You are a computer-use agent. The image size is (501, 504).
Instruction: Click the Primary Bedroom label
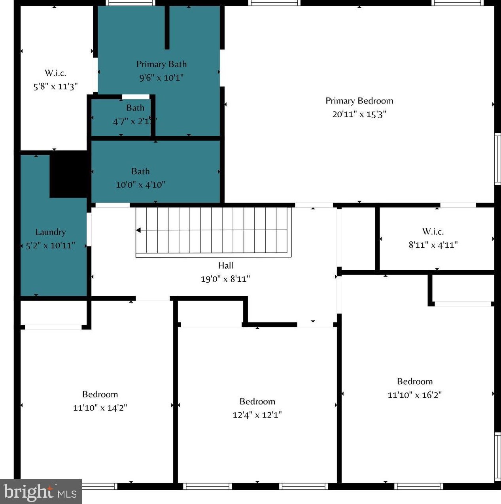tap(359, 101)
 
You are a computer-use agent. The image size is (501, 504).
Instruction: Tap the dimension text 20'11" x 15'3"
tap(359, 114)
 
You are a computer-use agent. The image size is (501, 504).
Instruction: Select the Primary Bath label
tap(161, 64)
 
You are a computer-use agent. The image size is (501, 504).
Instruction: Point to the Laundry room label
tap(50, 232)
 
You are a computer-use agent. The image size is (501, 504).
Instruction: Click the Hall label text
tap(225, 265)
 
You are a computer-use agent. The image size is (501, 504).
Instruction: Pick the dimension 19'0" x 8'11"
tap(225, 279)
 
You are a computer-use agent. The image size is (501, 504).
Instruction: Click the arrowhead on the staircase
tap(138, 230)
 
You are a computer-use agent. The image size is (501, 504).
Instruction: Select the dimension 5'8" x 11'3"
tap(55, 87)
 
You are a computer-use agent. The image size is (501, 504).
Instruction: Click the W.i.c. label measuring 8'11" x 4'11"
tap(433, 231)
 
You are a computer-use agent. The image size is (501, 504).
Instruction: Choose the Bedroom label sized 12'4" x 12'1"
tap(257, 401)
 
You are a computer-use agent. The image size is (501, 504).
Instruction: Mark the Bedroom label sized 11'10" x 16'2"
tap(415, 381)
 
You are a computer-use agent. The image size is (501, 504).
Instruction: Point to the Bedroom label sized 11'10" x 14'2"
tap(100, 394)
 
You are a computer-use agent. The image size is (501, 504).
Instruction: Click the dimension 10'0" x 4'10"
tap(140, 184)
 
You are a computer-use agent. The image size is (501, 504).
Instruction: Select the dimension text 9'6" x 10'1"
tap(161, 77)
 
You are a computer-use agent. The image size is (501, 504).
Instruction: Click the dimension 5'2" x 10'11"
tap(50, 245)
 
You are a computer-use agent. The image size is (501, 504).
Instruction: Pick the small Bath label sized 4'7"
tap(135, 108)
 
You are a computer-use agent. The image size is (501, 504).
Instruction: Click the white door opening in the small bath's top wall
tap(136, 97)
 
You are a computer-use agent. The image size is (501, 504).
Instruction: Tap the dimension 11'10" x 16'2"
tap(415, 395)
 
